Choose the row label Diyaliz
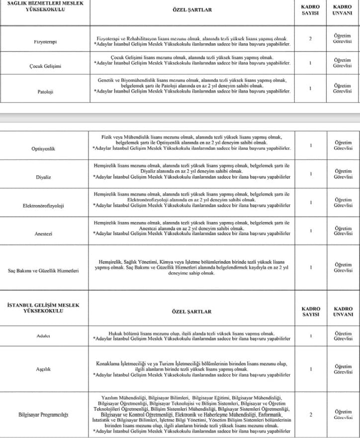tap(45, 177)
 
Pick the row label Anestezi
tap(45, 233)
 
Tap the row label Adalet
tap(45, 336)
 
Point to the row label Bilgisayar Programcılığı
tap(43, 414)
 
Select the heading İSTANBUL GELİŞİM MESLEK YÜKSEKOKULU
tap(44, 307)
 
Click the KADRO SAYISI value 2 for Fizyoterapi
tap(310, 38)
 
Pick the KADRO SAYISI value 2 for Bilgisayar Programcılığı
tap(310, 414)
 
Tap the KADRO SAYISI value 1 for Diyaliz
tap(310, 174)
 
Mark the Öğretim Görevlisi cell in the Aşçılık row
tap(343, 369)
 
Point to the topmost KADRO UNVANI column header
tap(342, 9)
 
